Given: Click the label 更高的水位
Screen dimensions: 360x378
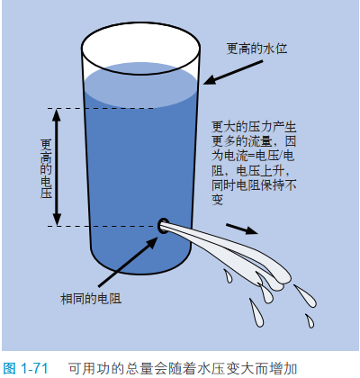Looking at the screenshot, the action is click(x=256, y=49).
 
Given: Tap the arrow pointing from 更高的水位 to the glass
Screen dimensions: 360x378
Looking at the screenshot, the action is click(x=233, y=72).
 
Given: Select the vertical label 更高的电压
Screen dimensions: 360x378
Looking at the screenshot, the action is click(x=46, y=168).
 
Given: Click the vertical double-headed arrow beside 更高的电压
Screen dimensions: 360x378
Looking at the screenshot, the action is click(x=57, y=167).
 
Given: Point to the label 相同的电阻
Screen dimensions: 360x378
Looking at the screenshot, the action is click(x=91, y=299).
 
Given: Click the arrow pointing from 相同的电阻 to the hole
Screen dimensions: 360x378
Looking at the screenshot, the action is click(x=128, y=262).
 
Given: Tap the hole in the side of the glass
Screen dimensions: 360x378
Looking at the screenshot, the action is click(x=163, y=226).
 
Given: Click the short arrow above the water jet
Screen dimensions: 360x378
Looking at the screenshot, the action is click(x=242, y=229).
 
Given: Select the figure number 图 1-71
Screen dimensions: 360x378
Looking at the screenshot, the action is click(x=25, y=368).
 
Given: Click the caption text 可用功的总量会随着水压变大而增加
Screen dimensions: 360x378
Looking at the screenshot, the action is click(x=183, y=368).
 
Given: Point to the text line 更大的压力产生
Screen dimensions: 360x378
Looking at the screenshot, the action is click(x=254, y=127).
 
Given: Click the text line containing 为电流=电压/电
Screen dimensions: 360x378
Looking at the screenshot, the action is click(x=253, y=156).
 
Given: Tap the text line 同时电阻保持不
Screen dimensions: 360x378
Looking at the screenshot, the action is click(x=254, y=185).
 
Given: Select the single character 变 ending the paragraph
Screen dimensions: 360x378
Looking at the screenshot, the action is click(x=218, y=200).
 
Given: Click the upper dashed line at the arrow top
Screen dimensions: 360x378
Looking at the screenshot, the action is click(x=101, y=108).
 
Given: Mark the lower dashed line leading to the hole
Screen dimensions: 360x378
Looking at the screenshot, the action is click(x=103, y=226).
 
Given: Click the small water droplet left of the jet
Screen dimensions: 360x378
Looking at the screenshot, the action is click(x=228, y=276).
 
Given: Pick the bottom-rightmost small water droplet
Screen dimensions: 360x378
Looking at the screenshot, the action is click(x=310, y=321).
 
